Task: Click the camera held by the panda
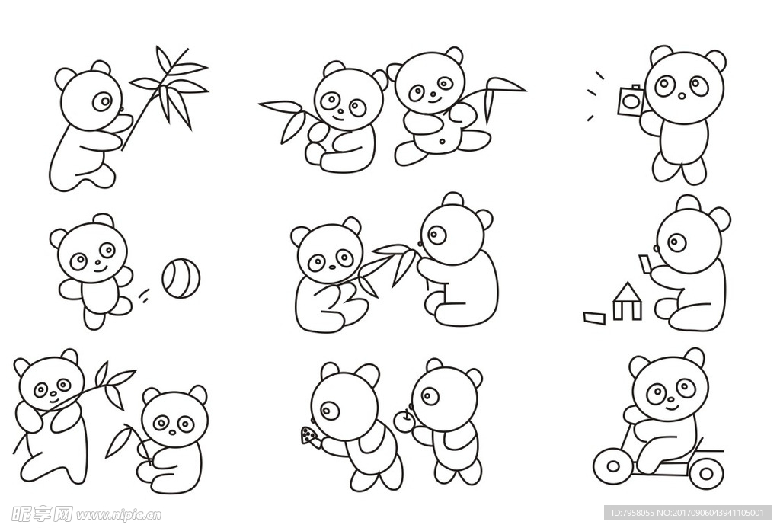point(631,100)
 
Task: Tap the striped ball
point(181,277)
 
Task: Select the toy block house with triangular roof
point(628,301)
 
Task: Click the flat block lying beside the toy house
point(594,318)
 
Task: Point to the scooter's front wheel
point(613,466)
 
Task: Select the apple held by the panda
point(404,421)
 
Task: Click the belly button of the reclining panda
point(442,141)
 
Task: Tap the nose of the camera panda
point(682,95)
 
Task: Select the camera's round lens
point(630,101)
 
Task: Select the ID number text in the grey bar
point(683,513)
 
